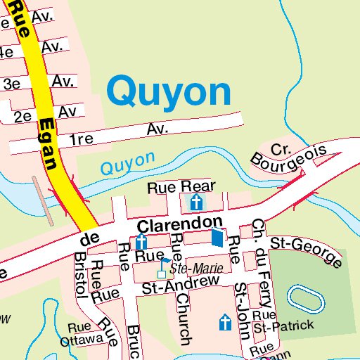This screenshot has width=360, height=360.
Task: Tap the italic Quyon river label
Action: [127, 165]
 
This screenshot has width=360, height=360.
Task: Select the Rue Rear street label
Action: [181, 187]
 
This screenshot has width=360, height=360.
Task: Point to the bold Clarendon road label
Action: [180, 225]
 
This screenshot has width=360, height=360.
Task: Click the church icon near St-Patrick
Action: [225, 323]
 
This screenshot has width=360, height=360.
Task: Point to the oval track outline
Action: [306, 298]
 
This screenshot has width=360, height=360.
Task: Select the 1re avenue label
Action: [82, 139]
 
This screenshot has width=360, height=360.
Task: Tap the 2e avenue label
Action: [24, 116]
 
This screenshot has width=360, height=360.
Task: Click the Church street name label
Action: [184, 319]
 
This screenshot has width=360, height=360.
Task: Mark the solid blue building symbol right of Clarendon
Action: [218, 238]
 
